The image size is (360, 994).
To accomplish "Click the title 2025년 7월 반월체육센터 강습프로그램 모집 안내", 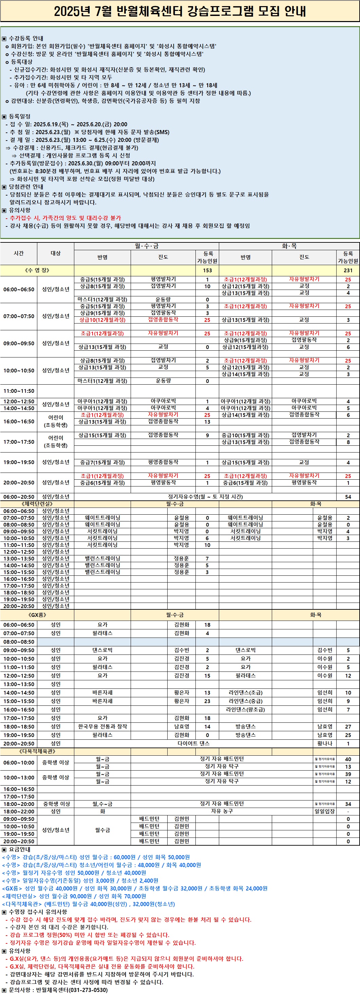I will [x=180, y=12].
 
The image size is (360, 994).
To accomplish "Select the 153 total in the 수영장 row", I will [x=207, y=270].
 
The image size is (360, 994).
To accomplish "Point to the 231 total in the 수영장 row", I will [x=348, y=270].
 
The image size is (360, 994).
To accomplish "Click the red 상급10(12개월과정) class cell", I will [x=102, y=320].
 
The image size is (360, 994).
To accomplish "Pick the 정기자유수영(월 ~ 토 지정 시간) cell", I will [x=205, y=497].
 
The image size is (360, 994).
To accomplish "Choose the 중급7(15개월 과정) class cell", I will [x=102, y=462].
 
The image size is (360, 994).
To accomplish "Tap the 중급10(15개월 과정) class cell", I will [x=245, y=435].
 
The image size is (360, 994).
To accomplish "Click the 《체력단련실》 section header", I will [x=37, y=503].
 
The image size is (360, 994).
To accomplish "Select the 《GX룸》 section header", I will [x=37, y=615].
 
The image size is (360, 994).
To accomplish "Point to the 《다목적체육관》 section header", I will [x=37, y=751].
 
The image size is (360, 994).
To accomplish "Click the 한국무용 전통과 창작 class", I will [x=102, y=726].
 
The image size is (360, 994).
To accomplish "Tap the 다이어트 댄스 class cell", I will [x=193, y=743].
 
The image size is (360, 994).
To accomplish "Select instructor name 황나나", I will [x=324, y=743].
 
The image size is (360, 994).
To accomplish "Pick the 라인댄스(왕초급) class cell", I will [x=245, y=710].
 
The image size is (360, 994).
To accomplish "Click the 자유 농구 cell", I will [x=222, y=811].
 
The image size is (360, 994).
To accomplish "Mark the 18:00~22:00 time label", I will [x=19, y=811].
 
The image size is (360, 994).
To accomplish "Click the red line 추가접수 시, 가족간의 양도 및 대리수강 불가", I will [x=65, y=218].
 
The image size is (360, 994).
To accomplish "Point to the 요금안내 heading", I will [x=19, y=849].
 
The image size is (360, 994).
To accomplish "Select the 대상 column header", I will [x=56, y=253].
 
